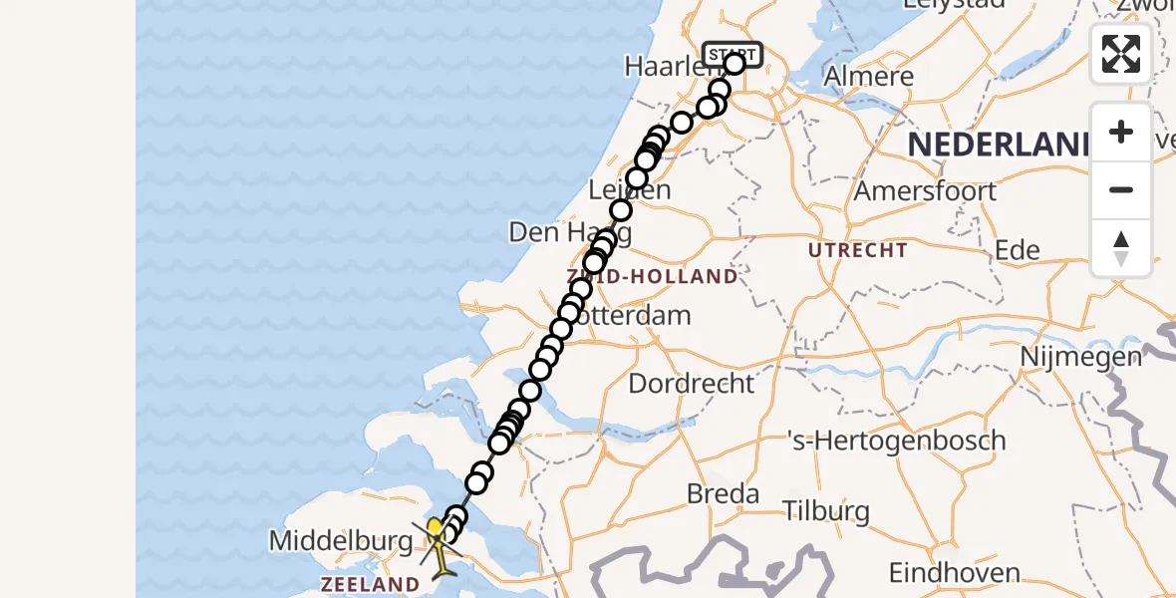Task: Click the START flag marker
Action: (733, 54)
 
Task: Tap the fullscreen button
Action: (1121, 54)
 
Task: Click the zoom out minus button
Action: (1121, 189)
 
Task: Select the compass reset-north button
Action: (1121, 247)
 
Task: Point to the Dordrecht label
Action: (692, 383)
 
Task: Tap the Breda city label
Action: (723, 493)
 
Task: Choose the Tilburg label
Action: (825, 512)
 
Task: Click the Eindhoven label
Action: (954, 573)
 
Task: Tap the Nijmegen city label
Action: (1080, 356)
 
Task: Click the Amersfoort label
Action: (926, 190)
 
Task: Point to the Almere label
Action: (869, 77)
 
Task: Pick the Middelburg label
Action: (341, 542)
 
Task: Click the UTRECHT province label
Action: (858, 250)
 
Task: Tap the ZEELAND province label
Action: (370, 584)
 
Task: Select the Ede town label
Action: (1018, 250)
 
